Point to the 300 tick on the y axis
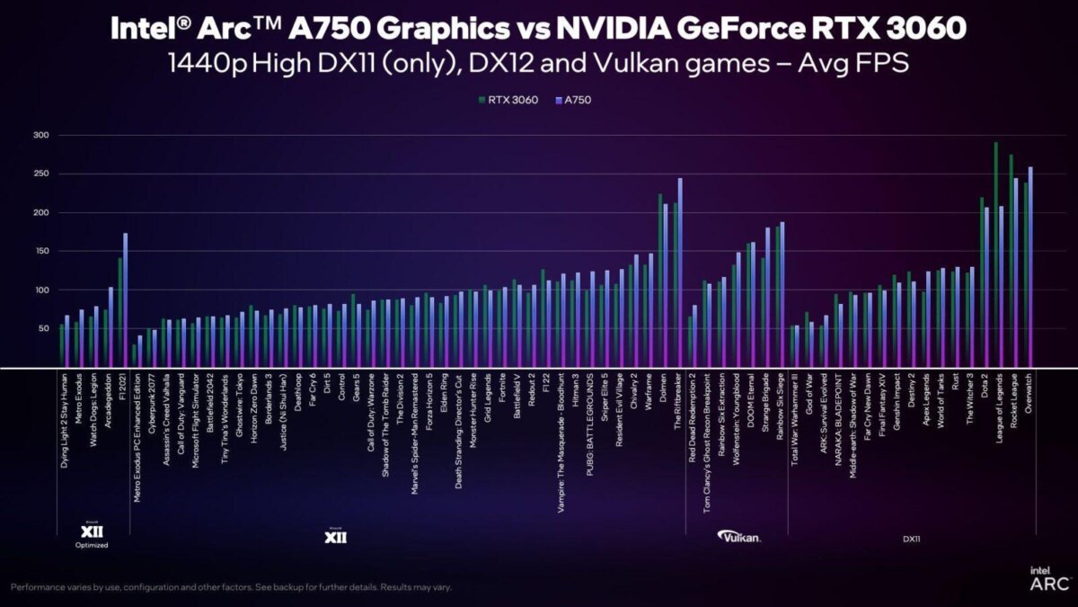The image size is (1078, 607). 40,135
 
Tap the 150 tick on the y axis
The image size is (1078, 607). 40,251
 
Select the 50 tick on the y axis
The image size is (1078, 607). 40,329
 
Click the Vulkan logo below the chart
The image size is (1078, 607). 740,536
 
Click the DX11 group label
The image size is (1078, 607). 912,539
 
